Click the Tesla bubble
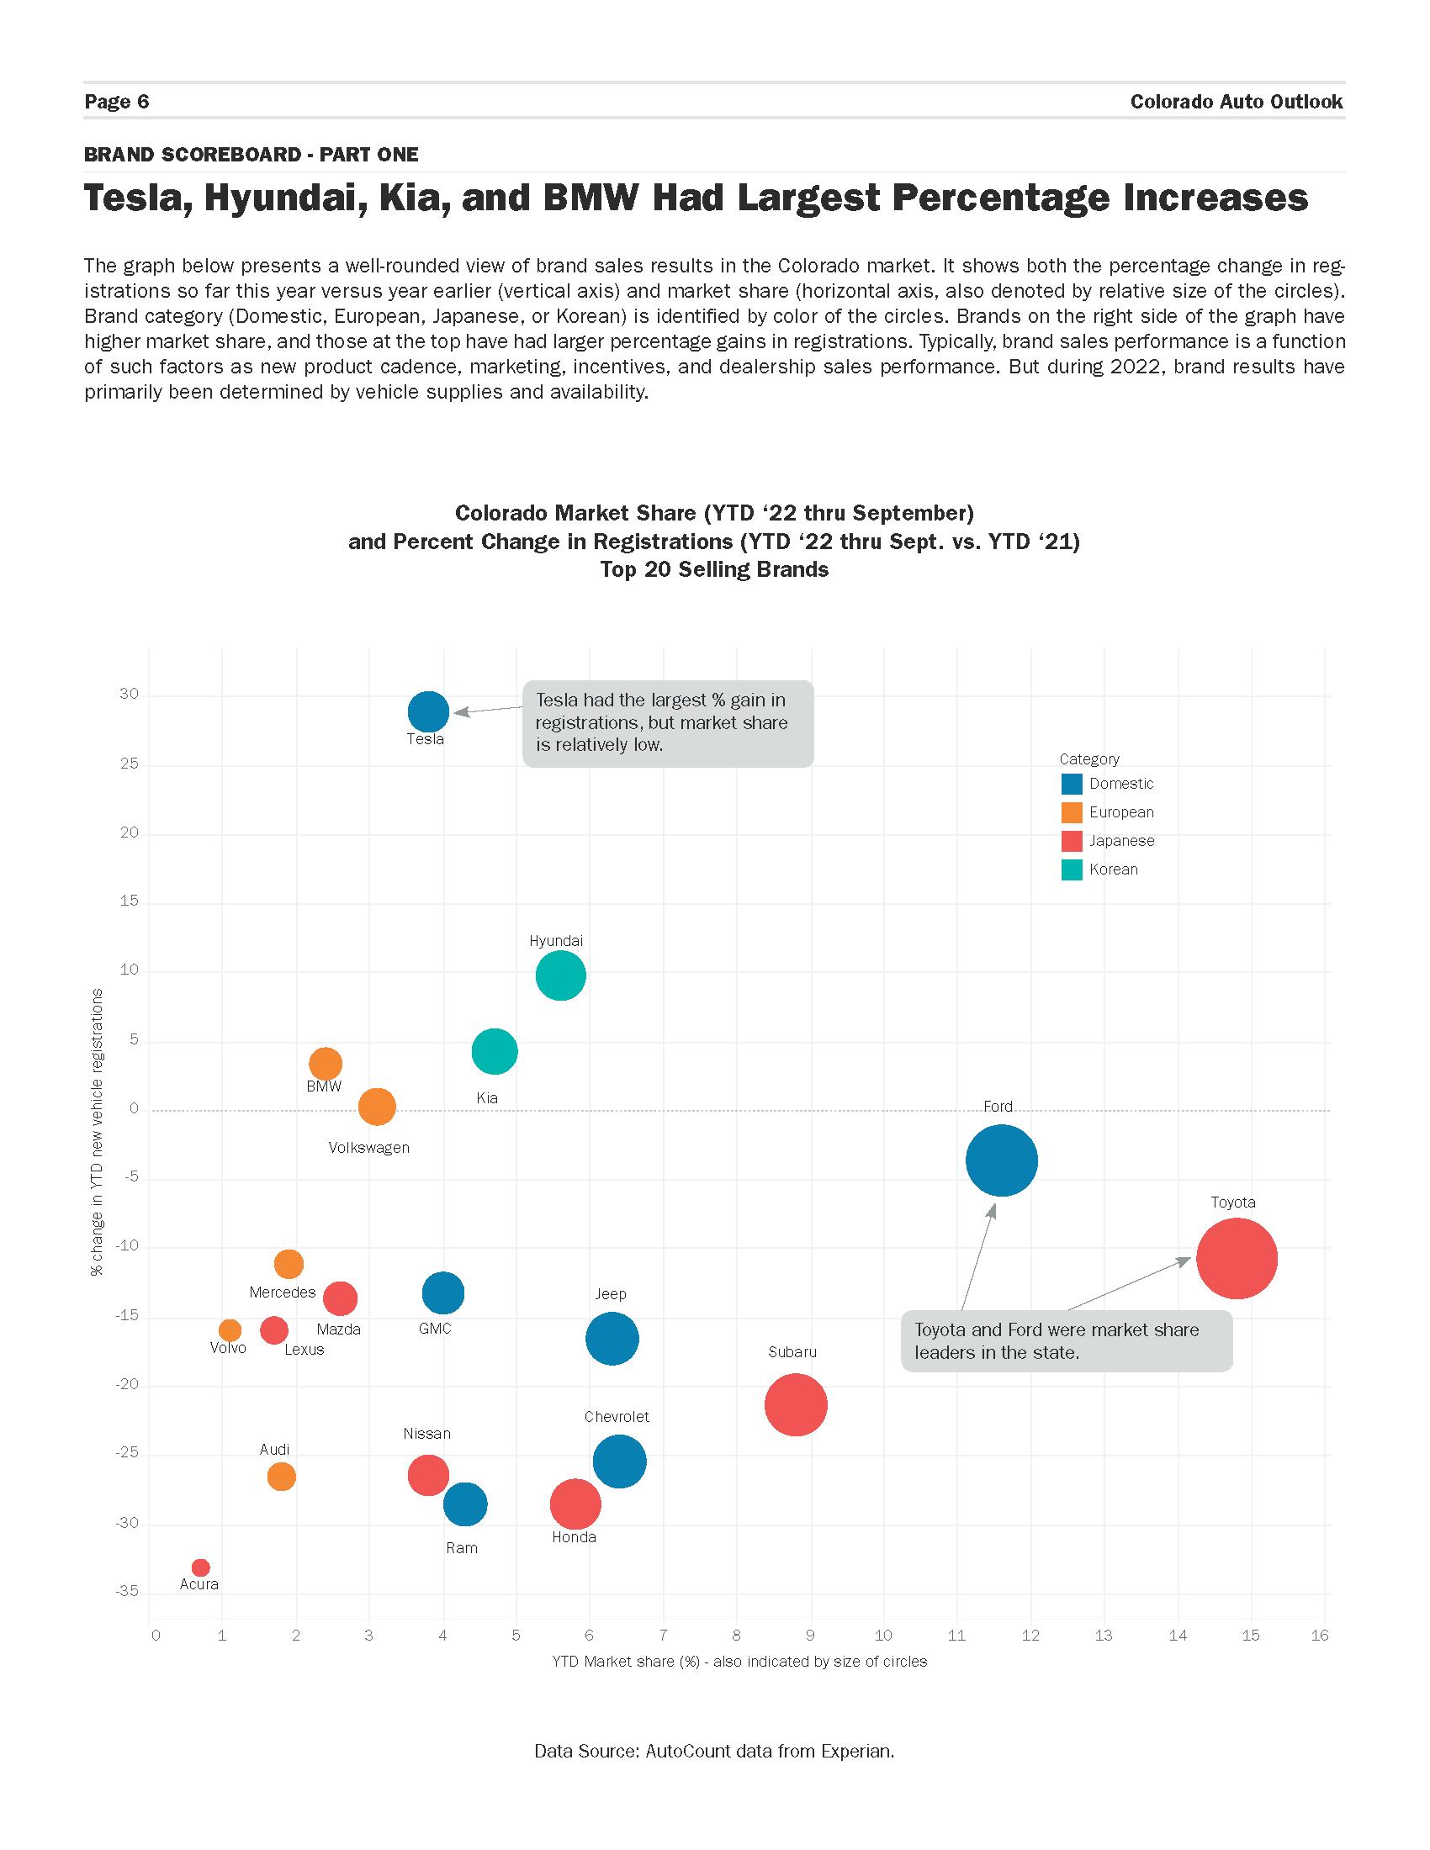click(428, 711)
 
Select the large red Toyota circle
click(1236, 1258)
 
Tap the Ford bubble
click(1001, 1160)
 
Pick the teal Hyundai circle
click(560, 975)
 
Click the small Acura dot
click(201, 1567)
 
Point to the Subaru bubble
click(796, 1404)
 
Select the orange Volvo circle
click(230, 1330)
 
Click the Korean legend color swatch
click(1072, 869)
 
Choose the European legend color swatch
click(1072, 812)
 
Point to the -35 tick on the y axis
click(128, 1591)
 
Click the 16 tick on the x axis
click(1320, 1636)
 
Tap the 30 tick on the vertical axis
click(129, 695)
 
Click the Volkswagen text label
click(368, 1148)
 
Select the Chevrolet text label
click(617, 1416)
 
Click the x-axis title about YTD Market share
click(739, 1661)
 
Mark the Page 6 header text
click(117, 102)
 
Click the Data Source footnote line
click(714, 1751)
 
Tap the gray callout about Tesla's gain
click(668, 723)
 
